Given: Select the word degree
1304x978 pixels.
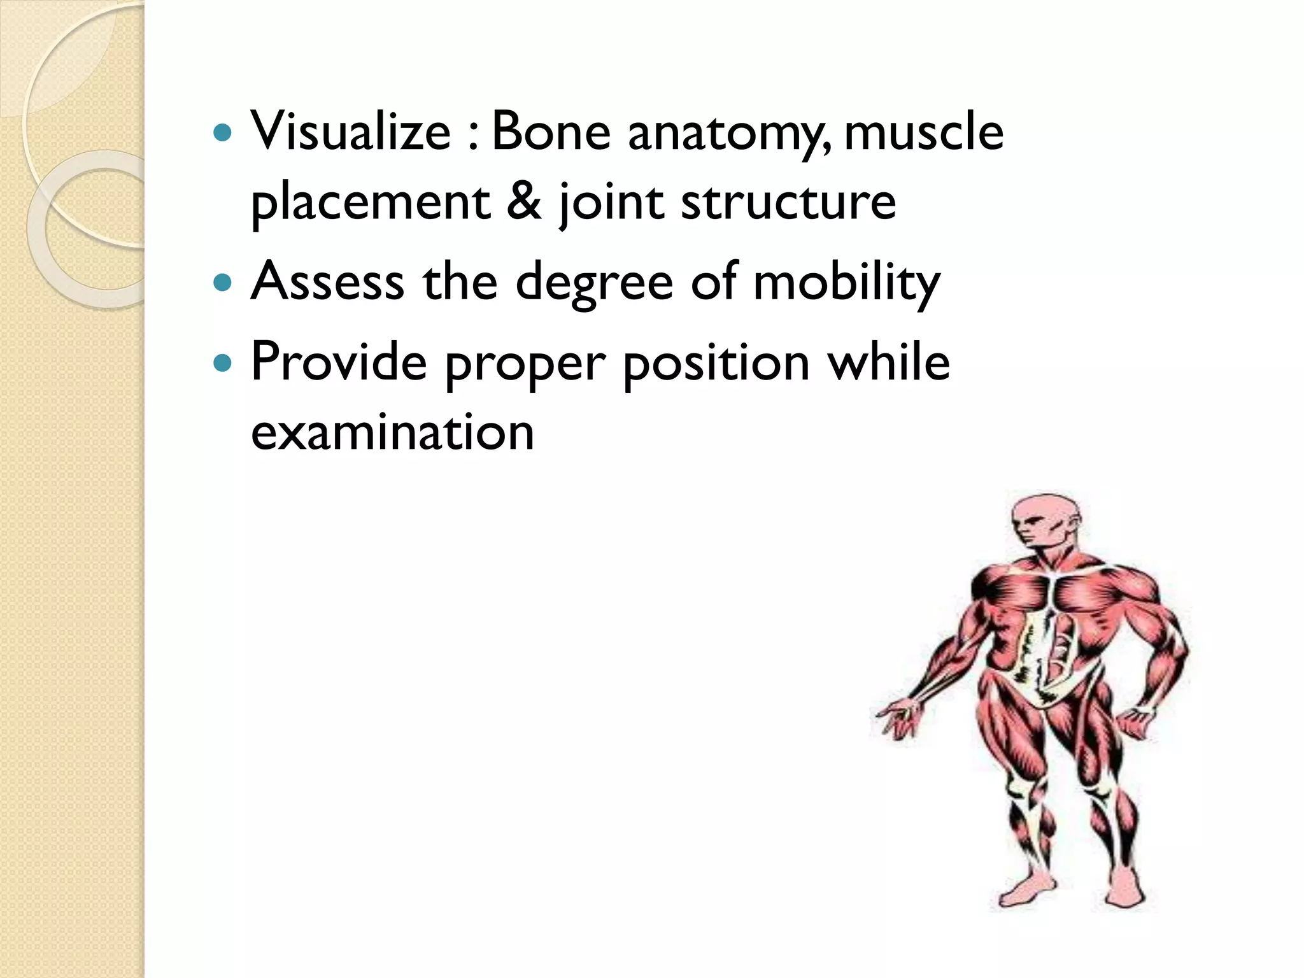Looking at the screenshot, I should pyautogui.click(x=593, y=283).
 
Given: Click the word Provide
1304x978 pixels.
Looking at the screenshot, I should pyautogui.click(x=339, y=361).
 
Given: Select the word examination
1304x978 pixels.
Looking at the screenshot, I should pyautogui.click(x=392, y=432).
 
